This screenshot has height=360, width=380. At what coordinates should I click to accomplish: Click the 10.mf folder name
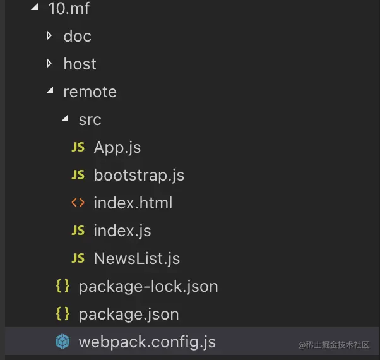tap(68, 8)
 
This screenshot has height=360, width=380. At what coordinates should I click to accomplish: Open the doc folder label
tap(77, 36)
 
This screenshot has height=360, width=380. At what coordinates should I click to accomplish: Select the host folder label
tap(80, 64)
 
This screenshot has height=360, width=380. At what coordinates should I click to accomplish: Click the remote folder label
tap(90, 92)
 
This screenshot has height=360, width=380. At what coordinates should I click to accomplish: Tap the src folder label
tap(90, 119)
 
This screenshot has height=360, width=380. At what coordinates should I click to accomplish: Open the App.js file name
tap(117, 147)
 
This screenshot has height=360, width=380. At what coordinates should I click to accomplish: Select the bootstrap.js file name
tap(139, 175)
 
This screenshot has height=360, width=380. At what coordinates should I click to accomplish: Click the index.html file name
tap(133, 203)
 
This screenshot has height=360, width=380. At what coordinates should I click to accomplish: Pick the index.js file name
tap(122, 231)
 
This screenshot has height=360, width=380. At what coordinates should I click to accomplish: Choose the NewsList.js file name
tap(136, 258)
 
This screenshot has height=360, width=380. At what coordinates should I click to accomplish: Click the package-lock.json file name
tap(148, 286)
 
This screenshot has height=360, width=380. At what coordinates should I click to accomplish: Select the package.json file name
tap(128, 314)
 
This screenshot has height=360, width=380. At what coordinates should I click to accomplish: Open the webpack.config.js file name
tap(146, 342)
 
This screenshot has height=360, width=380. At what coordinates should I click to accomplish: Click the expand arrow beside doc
tap(49, 36)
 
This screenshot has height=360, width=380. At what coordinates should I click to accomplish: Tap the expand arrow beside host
tap(49, 64)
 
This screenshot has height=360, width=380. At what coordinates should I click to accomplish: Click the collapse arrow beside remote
tap(49, 92)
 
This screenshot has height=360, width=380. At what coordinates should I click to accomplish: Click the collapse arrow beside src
tap(64, 119)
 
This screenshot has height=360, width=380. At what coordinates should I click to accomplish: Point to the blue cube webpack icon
tap(62, 342)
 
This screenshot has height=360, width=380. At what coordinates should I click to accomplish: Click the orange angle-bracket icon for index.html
tap(78, 203)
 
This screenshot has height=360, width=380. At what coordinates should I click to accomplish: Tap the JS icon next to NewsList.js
tap(78, 258)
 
